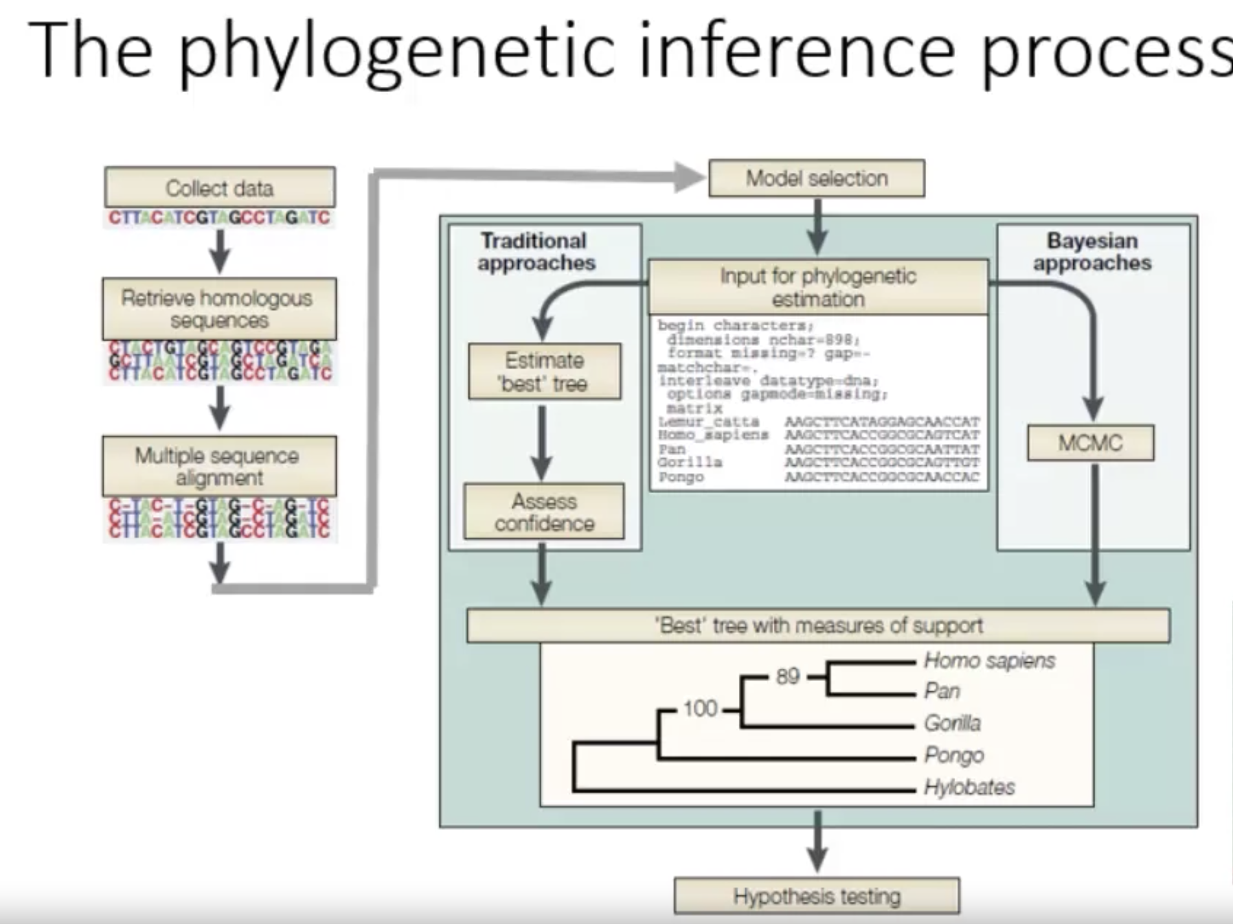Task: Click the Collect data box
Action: tap(220, 188)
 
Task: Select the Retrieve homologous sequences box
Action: tap(219, 309)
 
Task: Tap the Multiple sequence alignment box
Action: tap(219, 467)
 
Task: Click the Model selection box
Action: tap(817, 178)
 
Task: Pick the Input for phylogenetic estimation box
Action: tap(818, 288)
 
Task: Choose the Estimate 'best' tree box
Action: tap(544, 372)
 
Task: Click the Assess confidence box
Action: tap(544, 512)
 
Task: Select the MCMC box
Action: tap(1091, 443)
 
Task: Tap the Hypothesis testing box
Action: tap(817, 896)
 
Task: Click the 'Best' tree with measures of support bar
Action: tap(818, 625)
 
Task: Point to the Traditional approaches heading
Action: tap(536, 251)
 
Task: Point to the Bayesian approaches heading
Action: tap(1092, 251)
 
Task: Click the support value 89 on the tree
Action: tap(787, 676)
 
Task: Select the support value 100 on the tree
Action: tap(700, 709)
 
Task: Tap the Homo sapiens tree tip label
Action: tap(989, 660)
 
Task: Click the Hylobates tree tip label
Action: tap(969, 787)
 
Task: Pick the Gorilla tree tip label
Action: tap(952, 722)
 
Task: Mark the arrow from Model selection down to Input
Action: tap(817, 227)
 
